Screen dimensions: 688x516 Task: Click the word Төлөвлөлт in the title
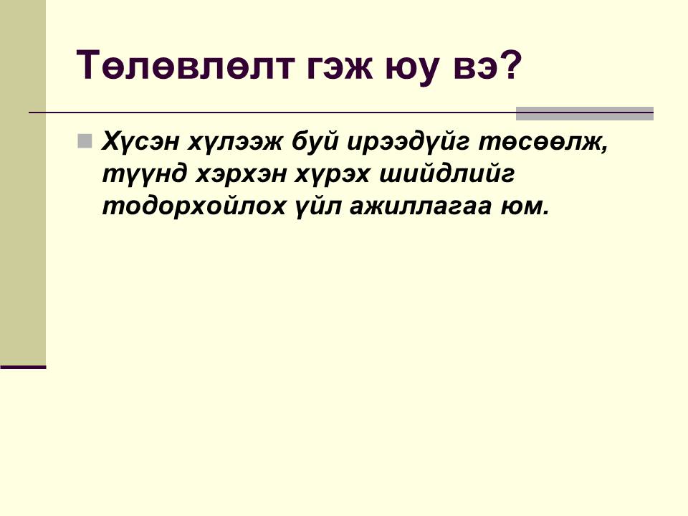tap(184, 65)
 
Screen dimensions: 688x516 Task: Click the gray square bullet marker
tap(85, 141)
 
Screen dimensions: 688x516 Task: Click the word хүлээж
tap(236, 141)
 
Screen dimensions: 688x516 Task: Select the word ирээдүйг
tap(408, 141)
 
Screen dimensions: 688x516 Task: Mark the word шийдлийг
tap(446, 173)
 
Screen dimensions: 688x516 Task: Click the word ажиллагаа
tap(421, 207)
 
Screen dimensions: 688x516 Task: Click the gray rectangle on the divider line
tap(585, 113)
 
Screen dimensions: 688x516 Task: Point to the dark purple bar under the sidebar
tap(23, 367)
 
